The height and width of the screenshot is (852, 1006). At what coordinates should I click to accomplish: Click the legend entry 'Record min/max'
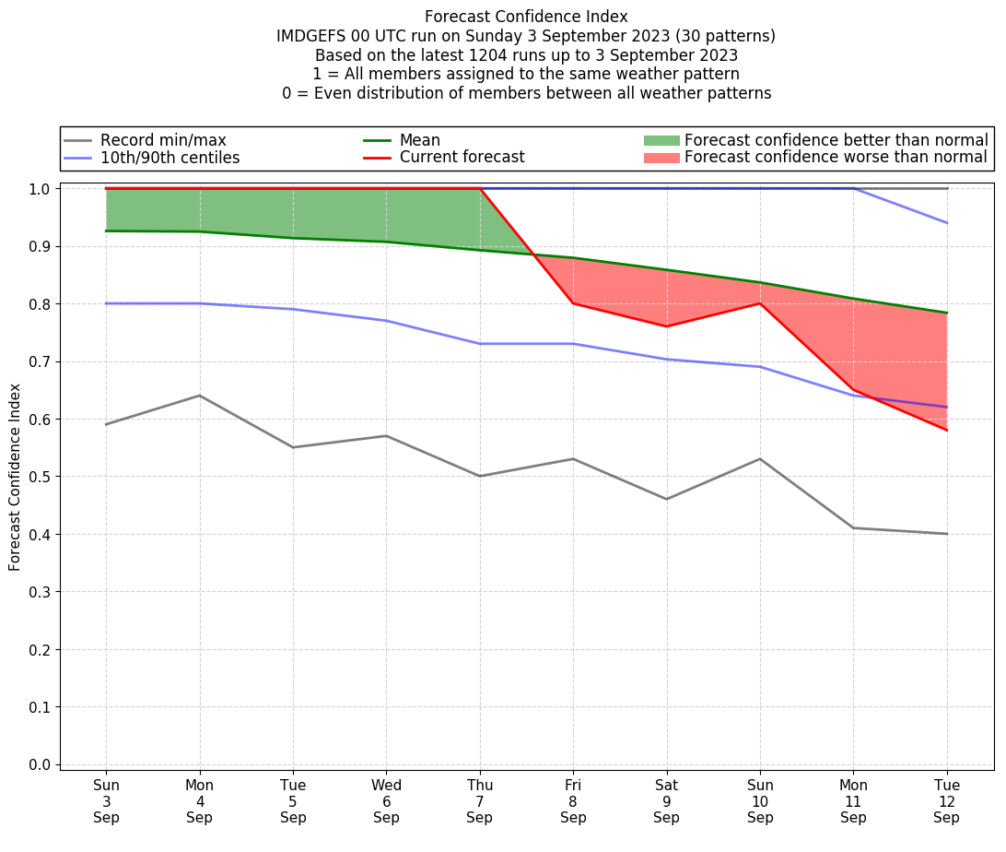[x=162, y=140]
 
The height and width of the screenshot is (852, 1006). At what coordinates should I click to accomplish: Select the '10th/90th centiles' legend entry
[x=170, y=158]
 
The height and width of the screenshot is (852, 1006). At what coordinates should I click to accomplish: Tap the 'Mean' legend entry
[x=419, y=140]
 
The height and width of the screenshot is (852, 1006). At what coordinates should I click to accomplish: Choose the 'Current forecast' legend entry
[x=462, y=158]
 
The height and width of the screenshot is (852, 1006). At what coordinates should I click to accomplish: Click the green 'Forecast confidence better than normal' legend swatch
[x=661, y=140]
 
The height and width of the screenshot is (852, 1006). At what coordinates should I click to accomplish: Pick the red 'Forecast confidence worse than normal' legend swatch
[x=661, y=158]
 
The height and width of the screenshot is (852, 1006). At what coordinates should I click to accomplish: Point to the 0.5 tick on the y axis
[x=40, y=477]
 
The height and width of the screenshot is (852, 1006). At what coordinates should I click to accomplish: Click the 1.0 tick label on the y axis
[x=40, y=189]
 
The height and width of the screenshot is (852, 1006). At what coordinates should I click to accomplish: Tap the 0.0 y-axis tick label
[x=40, y=764]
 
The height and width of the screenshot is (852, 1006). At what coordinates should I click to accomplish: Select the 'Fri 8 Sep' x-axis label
[x=573, y=801]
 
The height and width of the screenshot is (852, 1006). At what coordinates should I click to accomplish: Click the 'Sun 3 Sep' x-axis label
[x=106, y=801]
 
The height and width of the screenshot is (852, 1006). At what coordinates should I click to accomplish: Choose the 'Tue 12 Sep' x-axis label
[x=947, y=801]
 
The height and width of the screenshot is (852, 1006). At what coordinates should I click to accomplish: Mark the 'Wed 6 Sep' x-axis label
[x=386, y=801]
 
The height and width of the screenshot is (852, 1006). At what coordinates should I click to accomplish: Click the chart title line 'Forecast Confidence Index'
[x=526, y=17]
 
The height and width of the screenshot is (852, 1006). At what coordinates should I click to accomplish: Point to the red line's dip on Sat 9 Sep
[x=667, y=326]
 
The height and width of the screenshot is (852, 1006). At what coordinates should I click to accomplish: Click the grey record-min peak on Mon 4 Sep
[x=200, y=396]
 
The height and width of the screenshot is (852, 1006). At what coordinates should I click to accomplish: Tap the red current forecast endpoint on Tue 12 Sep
[x=947, y=430]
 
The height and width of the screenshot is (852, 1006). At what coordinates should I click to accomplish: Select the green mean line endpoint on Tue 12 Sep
[x=947, y=313]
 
